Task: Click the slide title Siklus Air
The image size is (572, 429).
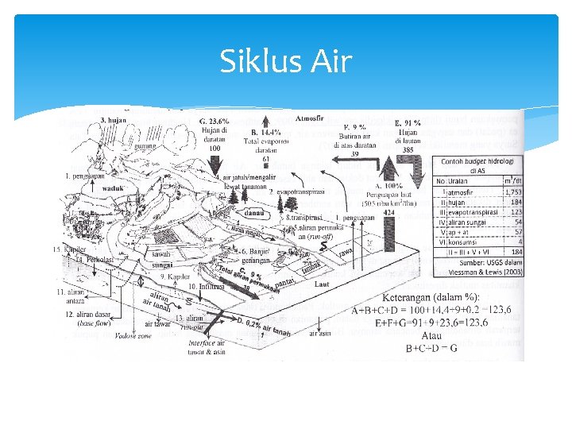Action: click(x=285, y=61)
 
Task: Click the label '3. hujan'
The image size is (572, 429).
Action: click(x=114, y=120)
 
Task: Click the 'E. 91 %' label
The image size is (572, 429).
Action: click(x=408, y=124)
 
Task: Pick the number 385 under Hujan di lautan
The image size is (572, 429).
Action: click(x=408, y=149)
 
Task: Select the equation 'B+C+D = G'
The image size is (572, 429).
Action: click(x=431, y=348)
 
